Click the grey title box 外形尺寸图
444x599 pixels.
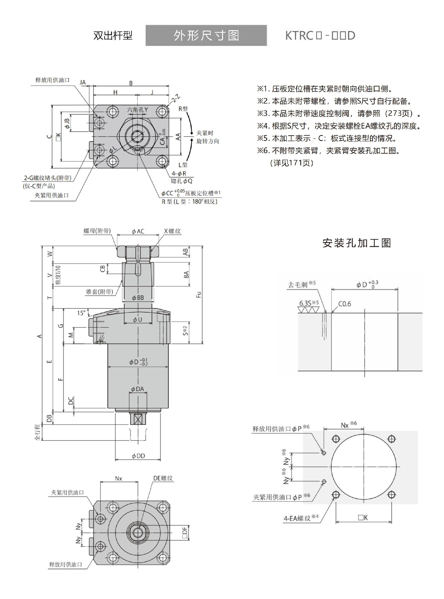pos(206,35)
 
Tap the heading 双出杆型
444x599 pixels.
pos(113,35)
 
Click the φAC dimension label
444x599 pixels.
pos(138,231)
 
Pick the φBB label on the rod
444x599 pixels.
pos(138,298)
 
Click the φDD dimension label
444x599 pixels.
pos(138,456)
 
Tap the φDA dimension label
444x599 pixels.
pos(137,389)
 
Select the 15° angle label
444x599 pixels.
pos(81,313)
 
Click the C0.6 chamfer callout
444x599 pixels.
pos(344,304)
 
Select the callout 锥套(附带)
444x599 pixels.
pos(99,292)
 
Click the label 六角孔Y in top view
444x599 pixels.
pos(137,110)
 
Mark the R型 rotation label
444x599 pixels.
pos(183,109)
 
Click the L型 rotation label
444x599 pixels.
pos(183,164)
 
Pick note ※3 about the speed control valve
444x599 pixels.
pos(339,113)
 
